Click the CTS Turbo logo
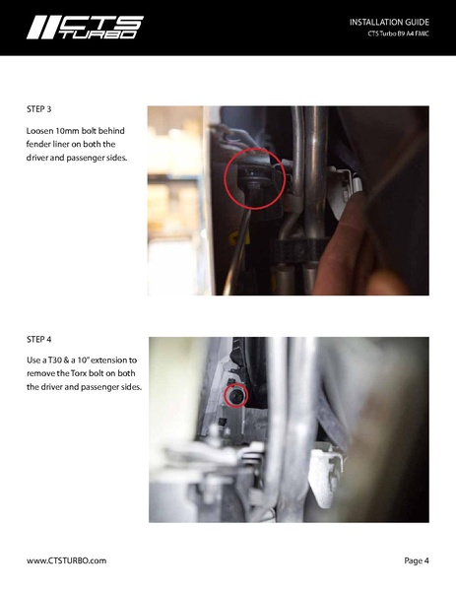tap(85, 28)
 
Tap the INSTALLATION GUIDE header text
tap(389, 23)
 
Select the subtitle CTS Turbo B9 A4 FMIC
tap(399, 33)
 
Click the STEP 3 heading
tap(38, 109)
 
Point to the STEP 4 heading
tap(38, 340)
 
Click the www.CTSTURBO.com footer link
tap(66, 560)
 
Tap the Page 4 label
tap(417, 560)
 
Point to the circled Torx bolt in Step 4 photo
tap(236, 395)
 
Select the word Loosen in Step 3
tap(39, 131)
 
